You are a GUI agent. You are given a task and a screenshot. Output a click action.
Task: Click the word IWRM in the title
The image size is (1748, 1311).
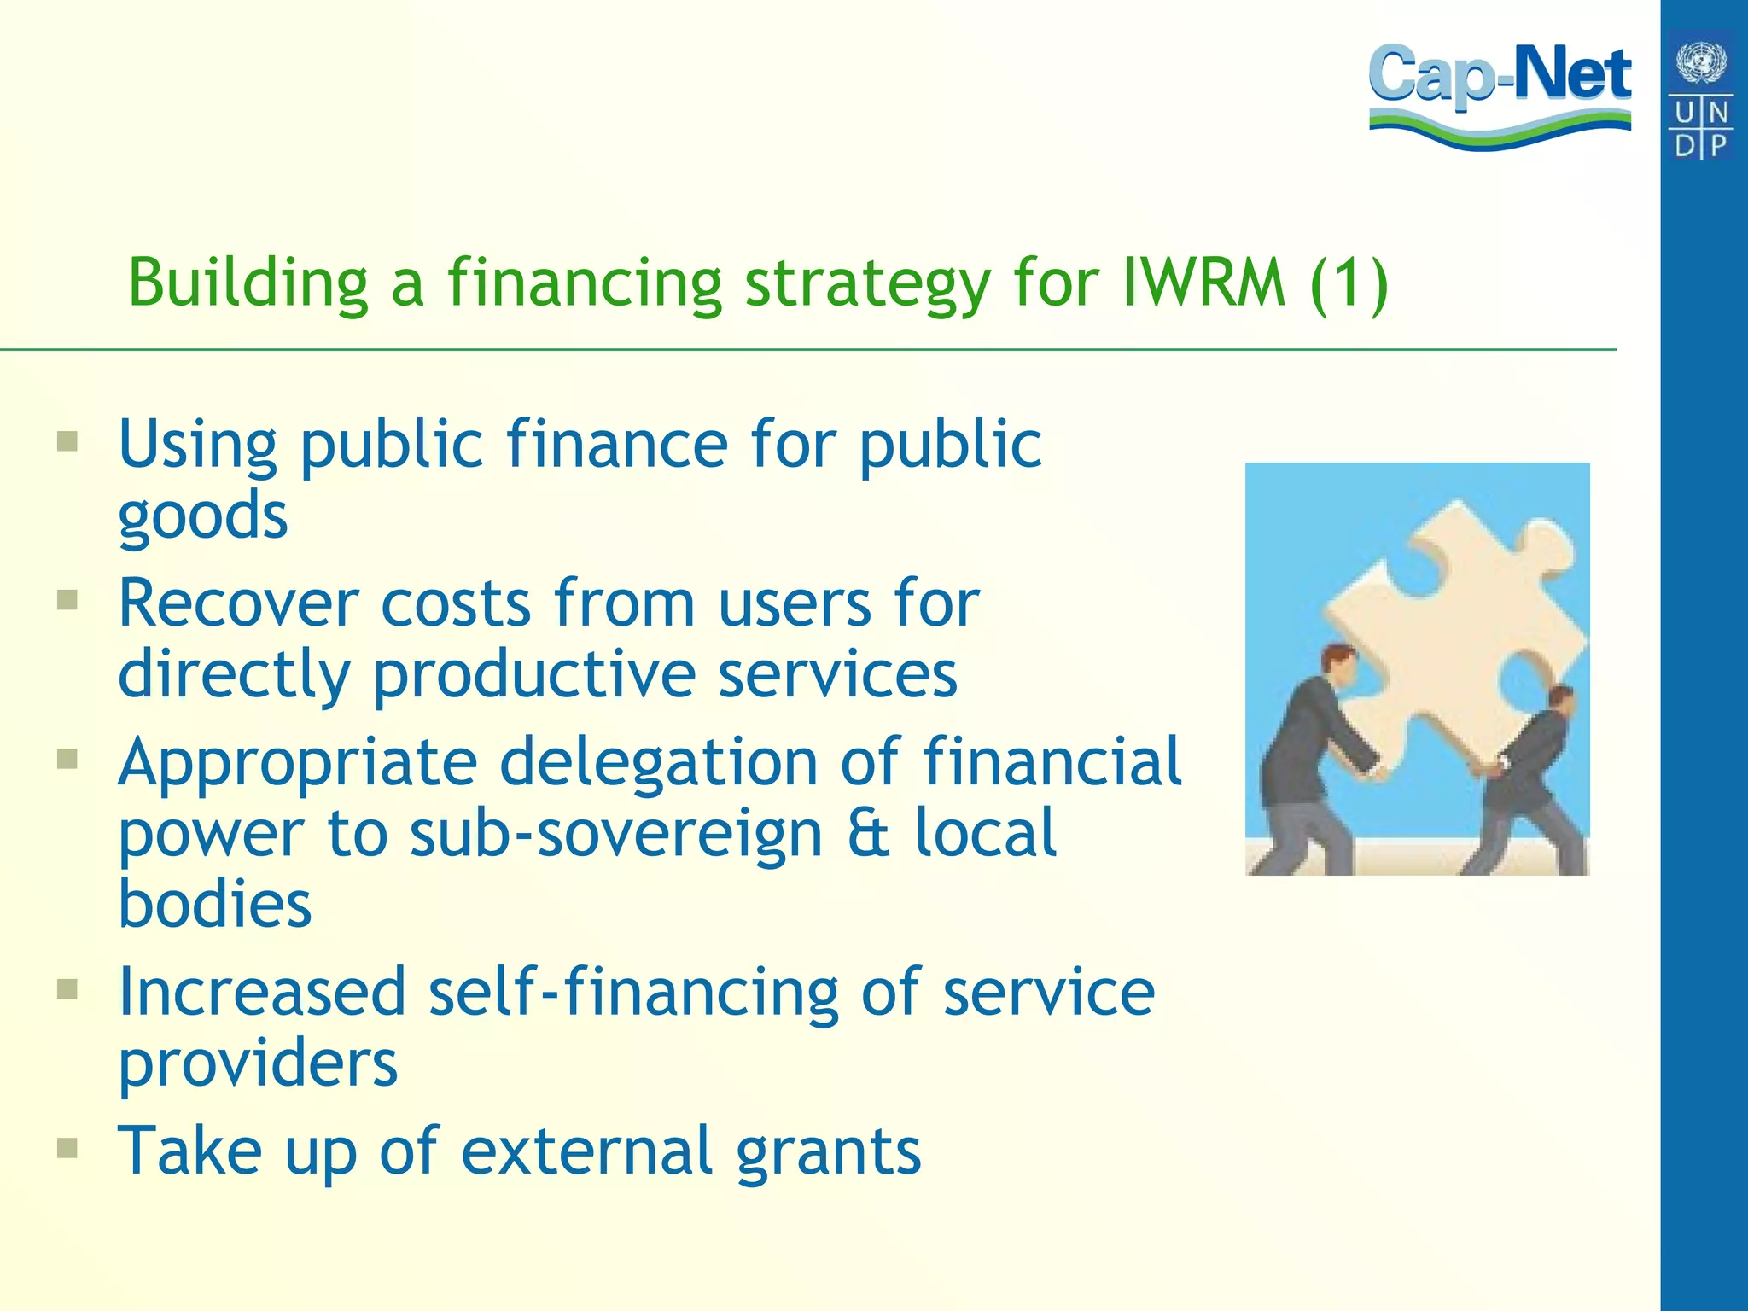tap(1203, 283)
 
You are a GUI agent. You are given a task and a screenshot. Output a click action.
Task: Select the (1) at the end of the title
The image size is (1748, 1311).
tap(1349, 284)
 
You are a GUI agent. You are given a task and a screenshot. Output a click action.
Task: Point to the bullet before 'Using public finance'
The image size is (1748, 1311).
tap(67, 442)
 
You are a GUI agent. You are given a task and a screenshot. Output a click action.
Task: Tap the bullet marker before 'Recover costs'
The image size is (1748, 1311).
tap(67, 601)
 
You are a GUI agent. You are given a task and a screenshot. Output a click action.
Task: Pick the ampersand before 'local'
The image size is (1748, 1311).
tap(869, 834)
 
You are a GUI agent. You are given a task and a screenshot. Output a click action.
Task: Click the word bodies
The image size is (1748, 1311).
tap(215, 904)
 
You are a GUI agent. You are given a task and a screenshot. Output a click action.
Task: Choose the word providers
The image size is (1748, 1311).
tap(258, 1064)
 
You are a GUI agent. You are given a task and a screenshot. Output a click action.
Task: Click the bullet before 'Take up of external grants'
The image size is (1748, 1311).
tap(67, 1148)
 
